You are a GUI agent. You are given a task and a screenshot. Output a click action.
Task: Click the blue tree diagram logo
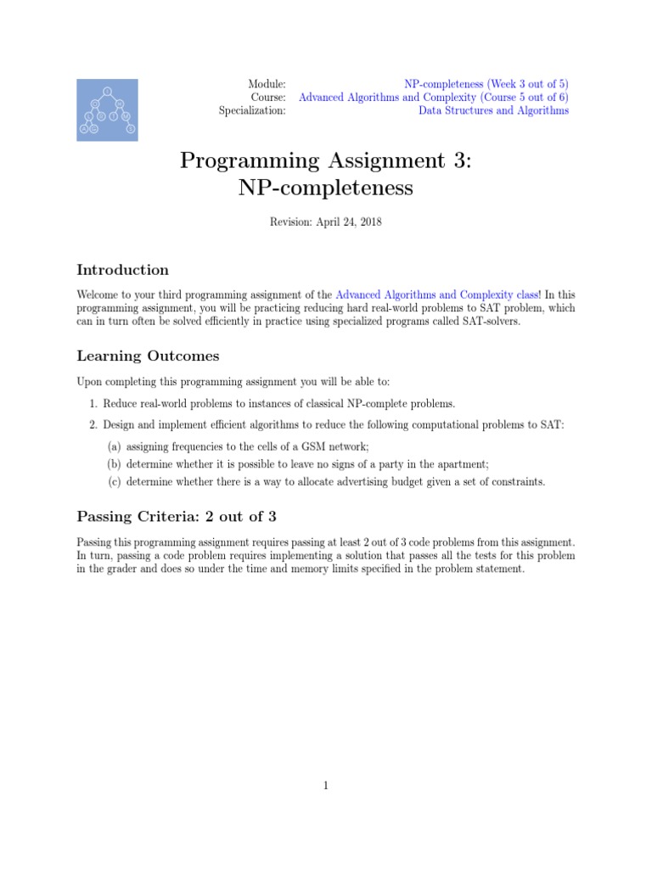tap(109, 109)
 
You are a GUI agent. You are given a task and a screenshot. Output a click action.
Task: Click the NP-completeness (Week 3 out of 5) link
tap(486, 84)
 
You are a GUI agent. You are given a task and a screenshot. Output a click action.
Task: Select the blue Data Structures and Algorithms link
tap(493, 110)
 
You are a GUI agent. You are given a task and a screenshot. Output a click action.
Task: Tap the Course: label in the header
tap(269, 98)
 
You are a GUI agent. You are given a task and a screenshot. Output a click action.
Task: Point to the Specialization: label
tap(252, 110)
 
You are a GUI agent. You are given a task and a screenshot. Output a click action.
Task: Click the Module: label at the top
tap(267, 84)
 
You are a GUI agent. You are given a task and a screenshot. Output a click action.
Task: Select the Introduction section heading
tap(123, 270)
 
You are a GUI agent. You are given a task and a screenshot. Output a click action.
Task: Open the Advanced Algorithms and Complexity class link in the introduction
tap(436, 294)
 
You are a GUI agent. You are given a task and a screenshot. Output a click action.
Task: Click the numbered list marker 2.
tap(93, 424)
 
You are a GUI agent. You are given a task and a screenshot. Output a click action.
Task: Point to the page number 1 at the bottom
tap(325, 786)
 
